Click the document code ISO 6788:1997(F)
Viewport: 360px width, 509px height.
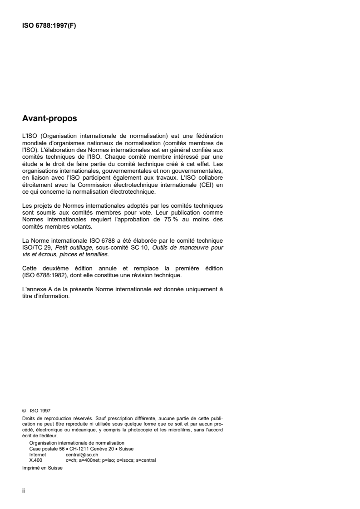pos(49,25)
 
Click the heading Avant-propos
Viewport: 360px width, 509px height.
pos(49,119)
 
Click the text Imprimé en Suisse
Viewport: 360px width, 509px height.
pos(42,468)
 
